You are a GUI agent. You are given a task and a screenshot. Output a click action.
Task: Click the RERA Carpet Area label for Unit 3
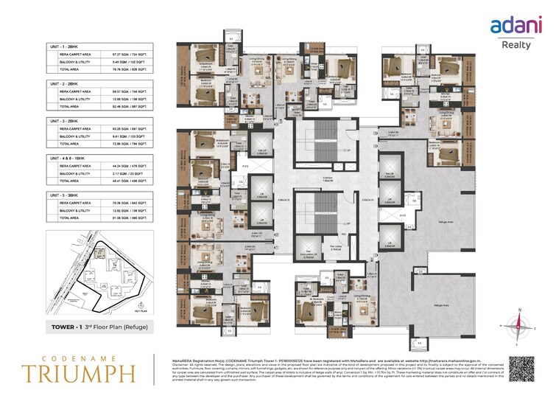click(76, 128)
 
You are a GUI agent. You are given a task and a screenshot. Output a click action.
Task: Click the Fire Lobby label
click(336, 247)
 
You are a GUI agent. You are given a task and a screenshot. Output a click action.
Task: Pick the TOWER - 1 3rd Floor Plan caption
click(97, 326)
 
